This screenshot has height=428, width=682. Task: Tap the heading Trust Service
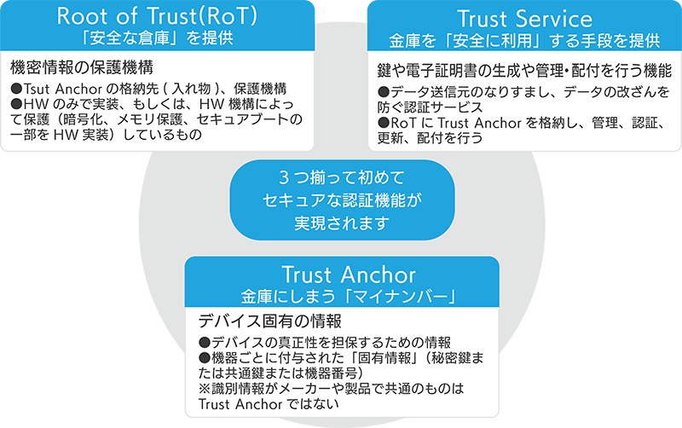point(523,18)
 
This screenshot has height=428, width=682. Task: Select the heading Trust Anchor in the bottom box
point(348,275)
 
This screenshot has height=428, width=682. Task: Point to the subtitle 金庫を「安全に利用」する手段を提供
point(523,40)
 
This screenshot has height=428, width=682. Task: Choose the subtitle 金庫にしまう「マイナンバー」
point(348,297)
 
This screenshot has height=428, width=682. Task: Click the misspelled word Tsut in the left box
point(38,89)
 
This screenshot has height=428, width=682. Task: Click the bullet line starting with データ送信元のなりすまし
point(523,90)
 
